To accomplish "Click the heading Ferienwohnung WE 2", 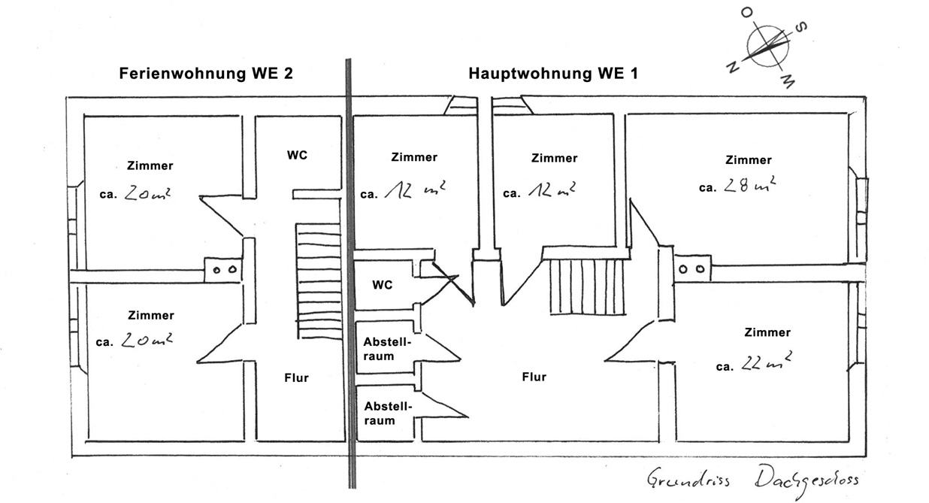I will pyautogui.click(x=206, y=74).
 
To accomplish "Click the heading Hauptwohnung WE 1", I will pyautogui.click(x=554, y=74).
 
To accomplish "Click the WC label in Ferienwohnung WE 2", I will pyautogui.click(x=297, y=155).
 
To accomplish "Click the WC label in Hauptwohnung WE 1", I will pyautogui.click(x=383, y=285).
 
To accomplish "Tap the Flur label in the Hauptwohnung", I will pyautogui.click(x=534, y=377).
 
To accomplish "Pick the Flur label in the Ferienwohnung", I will pyautogui.click(x=296, y=377).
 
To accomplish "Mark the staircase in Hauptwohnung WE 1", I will pyautogui.click(x=587, y=286).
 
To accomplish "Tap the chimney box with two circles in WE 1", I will pyautogui.click(x=692, y=268).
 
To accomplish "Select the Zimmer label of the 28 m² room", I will pyautogui.click(x=748, y=159).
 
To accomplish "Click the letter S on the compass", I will pyautogui.click(x=802, y=28).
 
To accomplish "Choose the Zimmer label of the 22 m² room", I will pyautogui.click(x=767, y=332).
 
